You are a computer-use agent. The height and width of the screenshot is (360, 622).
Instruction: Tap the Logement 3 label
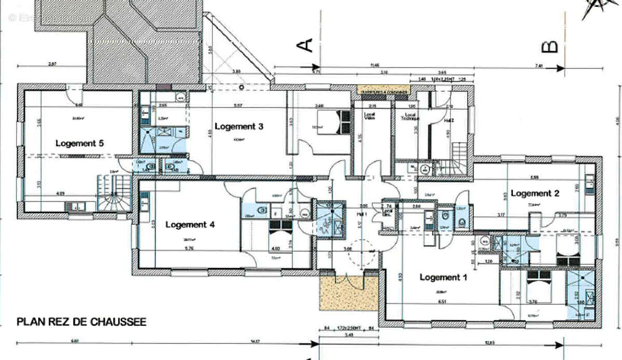[x=239, y=126]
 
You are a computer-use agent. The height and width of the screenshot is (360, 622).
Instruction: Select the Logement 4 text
[x=190, y=225]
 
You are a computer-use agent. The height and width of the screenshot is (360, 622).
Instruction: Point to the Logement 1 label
[x=443, y=277]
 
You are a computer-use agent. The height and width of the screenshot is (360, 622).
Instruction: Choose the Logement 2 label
[x=535, y=193]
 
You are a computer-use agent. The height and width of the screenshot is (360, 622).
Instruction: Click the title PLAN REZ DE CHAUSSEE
[x=81, y=322]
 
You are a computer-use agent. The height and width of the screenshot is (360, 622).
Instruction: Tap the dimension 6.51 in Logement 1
[x=442, y=301]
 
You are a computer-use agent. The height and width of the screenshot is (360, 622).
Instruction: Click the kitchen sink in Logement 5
[x=77, y=206]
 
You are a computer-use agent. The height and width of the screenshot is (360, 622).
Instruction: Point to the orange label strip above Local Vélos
[x=384, y=90]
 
